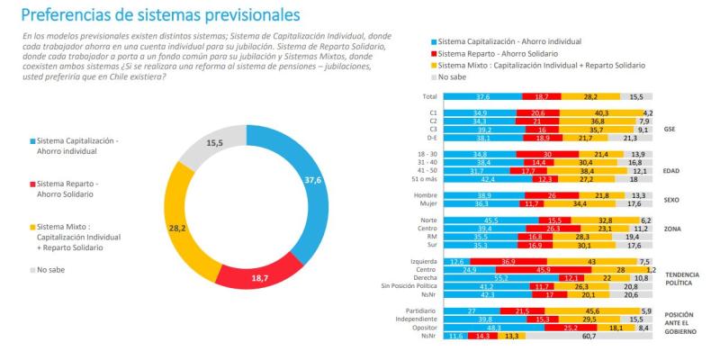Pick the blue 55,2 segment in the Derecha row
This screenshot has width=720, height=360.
(490, 278)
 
